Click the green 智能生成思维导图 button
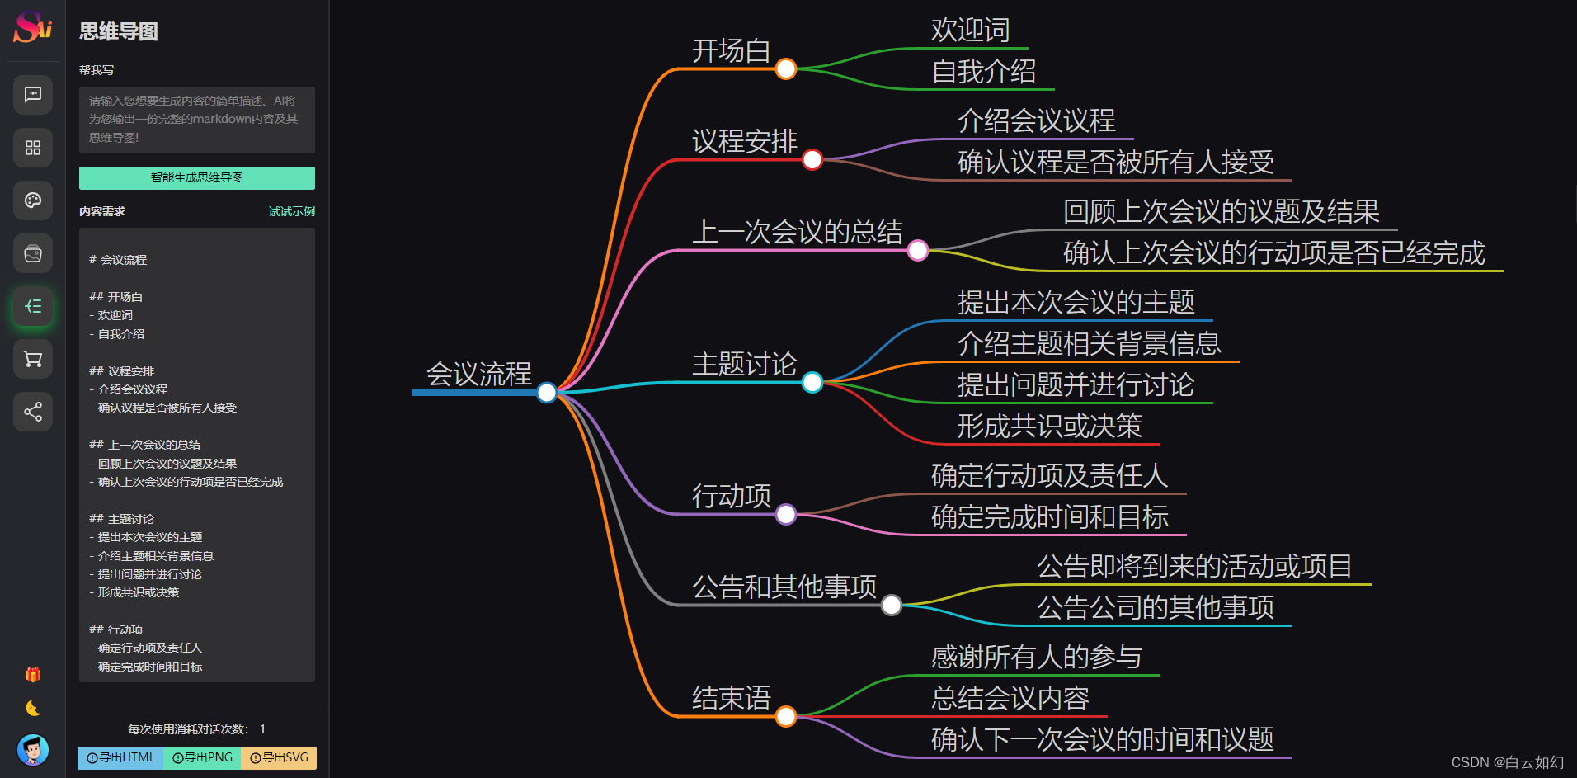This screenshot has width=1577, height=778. click(x=196, y=178)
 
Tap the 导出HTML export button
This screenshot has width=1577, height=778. click(x=120, y=757)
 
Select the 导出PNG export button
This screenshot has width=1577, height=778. click(x=202, y=757)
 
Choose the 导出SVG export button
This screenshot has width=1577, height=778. click(x=279, y=757)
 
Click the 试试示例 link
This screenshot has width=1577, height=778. click(x=291, y=212)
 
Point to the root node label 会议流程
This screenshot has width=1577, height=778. click(x=478, y=374)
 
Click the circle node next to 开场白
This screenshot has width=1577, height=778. click(x=786, y=68)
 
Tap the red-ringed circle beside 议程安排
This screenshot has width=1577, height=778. click(x=812, y=159)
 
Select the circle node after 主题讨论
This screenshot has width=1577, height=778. click(x=812, y=382)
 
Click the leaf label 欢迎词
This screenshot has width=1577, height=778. click(x=970, y=31)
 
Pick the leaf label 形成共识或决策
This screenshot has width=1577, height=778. click(x=1049, y=427)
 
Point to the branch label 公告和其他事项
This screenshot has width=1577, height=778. click(x=784, y=587)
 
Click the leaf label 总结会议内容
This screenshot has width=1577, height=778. click(x=1010, y=699)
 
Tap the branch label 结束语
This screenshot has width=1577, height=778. click(x=731, y=699)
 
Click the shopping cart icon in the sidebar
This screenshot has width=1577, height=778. click(x=33, y=359)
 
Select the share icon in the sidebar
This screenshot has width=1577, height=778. click(x=33, y=412)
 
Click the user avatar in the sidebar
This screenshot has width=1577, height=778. click(x=33, y=750)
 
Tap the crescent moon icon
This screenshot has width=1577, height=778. click(x=33, y=708)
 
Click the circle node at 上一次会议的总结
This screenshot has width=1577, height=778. click(x=918, y=250)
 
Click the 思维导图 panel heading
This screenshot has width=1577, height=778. click(x=119, y=32)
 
